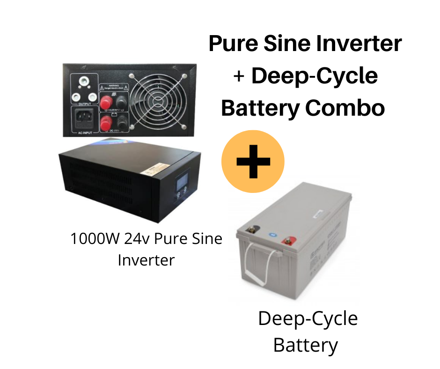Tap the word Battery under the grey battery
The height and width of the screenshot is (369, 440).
pyautogui.click(x=305, y=345)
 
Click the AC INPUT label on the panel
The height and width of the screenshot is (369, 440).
pyautogui.click(x=86, y=133)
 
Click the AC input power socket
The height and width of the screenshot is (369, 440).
pyautogui.click(x=86, y=119)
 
